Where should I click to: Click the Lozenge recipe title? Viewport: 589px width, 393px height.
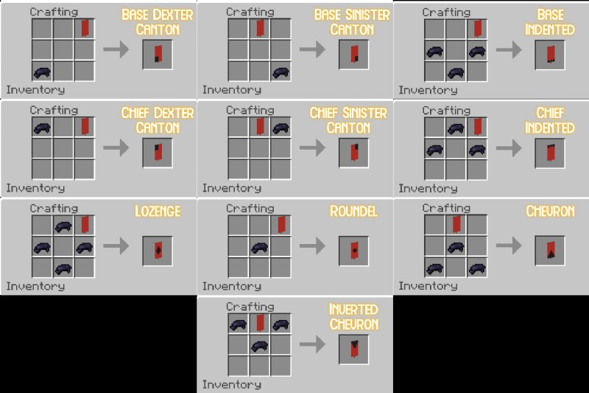(x=158, y=212)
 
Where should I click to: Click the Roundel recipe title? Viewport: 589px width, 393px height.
(x=353, y=212)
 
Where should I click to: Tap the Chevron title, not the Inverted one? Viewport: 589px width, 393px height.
(x=550, y=212)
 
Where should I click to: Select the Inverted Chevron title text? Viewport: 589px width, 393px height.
(x=354, y=316)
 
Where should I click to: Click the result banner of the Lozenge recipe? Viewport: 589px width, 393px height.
(x=158, y=251)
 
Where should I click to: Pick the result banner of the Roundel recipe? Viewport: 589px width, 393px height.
(x=354, y=251)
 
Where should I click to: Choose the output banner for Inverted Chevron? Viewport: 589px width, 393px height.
(x=354, y=349)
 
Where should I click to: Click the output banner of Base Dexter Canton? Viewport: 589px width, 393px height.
(x=158, y=54)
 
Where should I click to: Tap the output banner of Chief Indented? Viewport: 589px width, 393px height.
(x=550, y=153)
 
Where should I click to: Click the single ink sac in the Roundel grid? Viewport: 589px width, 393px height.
(x=260, y=248)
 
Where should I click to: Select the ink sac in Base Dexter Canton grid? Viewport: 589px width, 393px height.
(x=42, y=72)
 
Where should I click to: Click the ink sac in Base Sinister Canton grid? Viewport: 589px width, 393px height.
(x=281, y=72)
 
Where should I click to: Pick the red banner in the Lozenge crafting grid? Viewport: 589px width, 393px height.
(x=85, y=225)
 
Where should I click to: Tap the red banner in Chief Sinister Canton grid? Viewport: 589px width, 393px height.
(x=260, y=126)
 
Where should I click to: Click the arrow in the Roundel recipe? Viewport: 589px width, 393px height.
(x=312, y=246)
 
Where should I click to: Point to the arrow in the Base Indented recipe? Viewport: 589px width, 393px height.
(x=509, y=49)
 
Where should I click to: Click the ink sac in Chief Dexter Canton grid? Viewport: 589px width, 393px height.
(x=42, y=128)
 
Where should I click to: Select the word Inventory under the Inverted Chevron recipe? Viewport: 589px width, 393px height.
(x=232, y=384)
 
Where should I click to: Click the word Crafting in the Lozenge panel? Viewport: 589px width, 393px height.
(x=54, y=209)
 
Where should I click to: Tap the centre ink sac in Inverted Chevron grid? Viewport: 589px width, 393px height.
(x=260, y=346)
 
